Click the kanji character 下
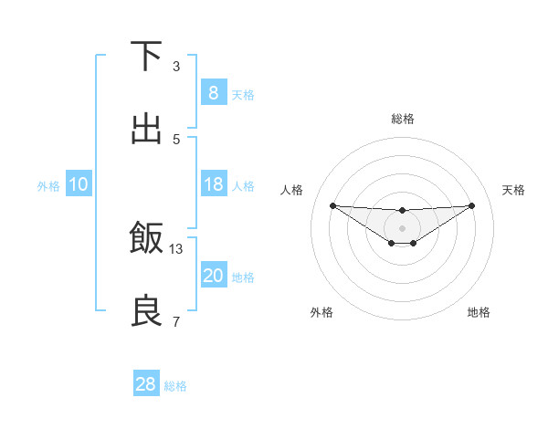(146, 56)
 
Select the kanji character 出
(146, 129)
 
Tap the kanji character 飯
(146, 237)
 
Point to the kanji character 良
(146, 311)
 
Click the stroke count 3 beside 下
(176, 67)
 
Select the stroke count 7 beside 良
(176, 321)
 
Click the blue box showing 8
(213, 92)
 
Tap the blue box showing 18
(213, 184)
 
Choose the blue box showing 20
(213, 276)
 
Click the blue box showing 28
(146, 384)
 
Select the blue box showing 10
(79, 184)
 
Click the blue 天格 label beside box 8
(243, 94)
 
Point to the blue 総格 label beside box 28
(175, 386)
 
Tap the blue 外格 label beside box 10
(48, 186)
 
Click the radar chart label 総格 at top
(402, 119)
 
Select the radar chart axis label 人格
(292, 190)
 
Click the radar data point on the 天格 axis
(471, 205)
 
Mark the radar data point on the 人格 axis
(332, 205)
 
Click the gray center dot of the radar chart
(402, 227)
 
